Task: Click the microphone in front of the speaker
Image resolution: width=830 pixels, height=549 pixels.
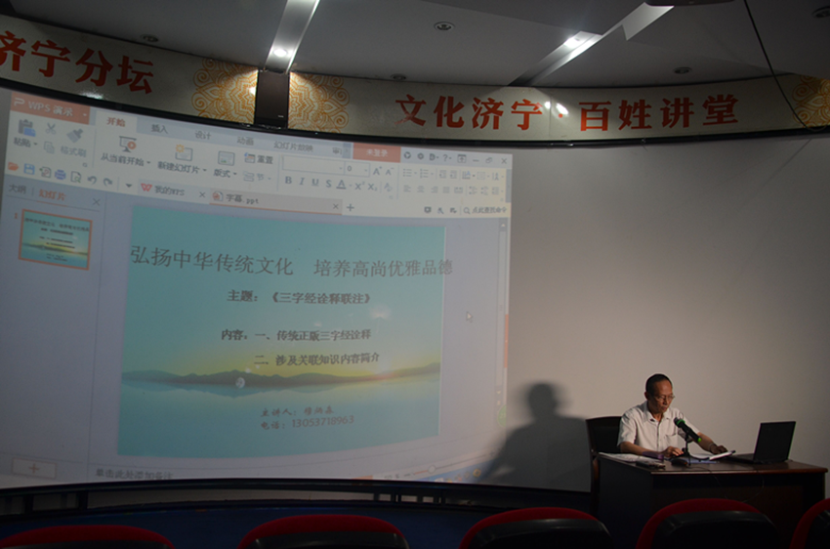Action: (x=686, y=430)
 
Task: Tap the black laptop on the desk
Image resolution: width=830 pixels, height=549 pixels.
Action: (x=771, y=442)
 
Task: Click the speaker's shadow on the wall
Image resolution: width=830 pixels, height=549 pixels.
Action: (x=542, y=430)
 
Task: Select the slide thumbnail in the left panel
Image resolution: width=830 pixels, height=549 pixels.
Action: (x=55, y=239)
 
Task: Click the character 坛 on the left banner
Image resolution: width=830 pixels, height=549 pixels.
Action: (x=135, y=73)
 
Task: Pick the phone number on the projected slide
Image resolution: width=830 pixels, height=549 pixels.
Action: (x=322, y=423)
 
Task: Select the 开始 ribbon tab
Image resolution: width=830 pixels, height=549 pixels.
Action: (x=116, y=122)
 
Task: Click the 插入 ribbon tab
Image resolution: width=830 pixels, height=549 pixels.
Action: (x=159, y=128)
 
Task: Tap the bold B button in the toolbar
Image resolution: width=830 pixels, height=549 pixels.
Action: (x=287, y=182)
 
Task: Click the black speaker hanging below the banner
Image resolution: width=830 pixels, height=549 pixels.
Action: (x=270, y=98)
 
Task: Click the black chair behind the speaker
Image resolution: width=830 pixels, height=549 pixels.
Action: (x=603, y=435)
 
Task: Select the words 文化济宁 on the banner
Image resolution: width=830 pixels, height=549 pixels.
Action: (x=468, y=112)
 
